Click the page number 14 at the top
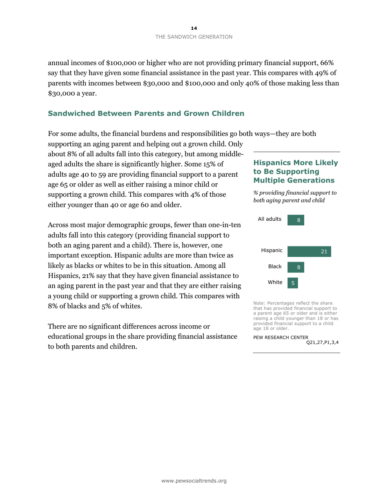pos(194,28)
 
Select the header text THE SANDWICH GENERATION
pos(194,37)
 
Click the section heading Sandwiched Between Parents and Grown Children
pos(146,113)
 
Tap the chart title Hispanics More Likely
pos(296,163)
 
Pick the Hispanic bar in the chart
pos(309,252)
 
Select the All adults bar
pos(296,220)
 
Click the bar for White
pos(293,282)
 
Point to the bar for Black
pos(296,267)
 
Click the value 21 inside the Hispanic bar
pos(324,252)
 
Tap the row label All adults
pos(270,219)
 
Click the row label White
pos(275,282)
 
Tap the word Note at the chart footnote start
pos(259,303)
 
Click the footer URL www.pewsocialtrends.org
pos(194,481)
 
